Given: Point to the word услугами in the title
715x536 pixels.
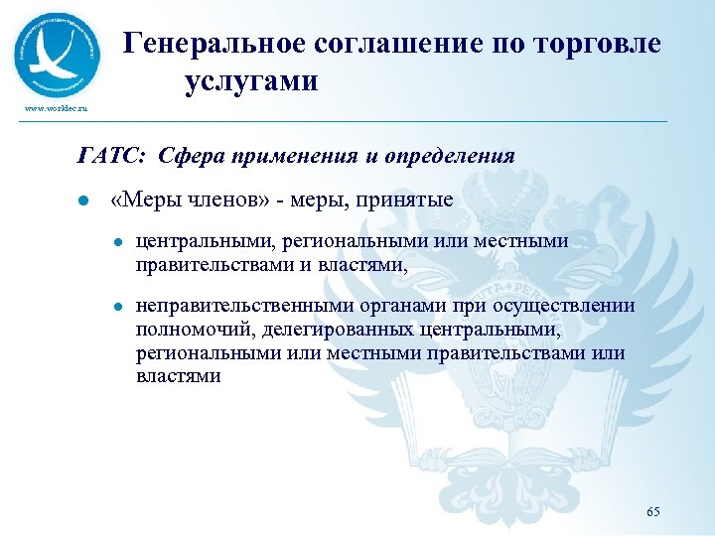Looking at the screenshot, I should click(250, 81).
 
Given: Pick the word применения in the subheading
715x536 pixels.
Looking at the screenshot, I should click(285, 156).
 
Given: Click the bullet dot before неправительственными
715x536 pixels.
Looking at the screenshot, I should click(117, 308).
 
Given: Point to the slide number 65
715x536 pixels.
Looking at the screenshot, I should click(652, 511).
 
